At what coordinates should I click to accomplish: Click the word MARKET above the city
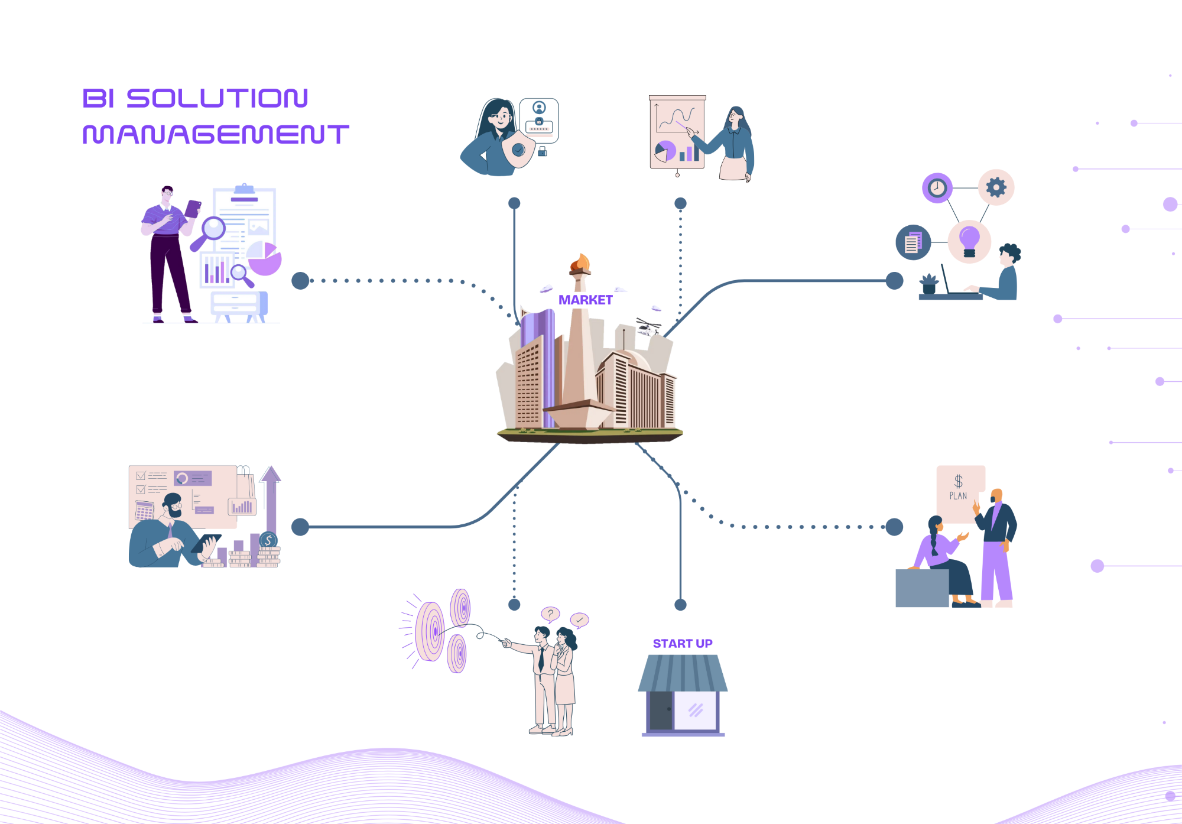pos(585,300)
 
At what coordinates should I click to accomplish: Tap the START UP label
pos(682,644)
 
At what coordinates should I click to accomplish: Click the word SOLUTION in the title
pos(217,99)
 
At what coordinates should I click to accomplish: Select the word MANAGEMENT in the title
pos(216,135)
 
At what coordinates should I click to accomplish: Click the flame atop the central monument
pos(580,262)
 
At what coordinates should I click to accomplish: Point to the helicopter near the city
pos(648,326)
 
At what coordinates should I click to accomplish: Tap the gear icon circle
pos(996,187)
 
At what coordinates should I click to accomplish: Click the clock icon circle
pos(937,188)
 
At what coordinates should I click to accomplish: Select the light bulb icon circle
pos(969,241)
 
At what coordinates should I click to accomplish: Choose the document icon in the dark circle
pos(913,242)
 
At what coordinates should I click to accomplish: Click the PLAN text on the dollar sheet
pos(958,496)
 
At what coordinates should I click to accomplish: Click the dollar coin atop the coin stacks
pos(268,540)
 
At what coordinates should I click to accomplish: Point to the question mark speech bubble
pos(550,614)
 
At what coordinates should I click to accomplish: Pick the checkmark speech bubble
pos(579,619)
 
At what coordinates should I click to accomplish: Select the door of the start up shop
pos(661,711)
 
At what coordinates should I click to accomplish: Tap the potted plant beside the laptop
pos(929,284)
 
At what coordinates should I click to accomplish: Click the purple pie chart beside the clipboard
pos(265,259)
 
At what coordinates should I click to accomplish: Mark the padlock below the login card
pos(543,151)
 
